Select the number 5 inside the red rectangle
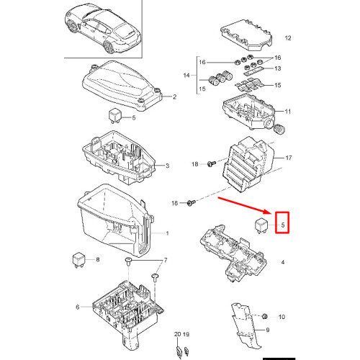(283, 225)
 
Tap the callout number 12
(288, 37)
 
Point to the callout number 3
(168, 166)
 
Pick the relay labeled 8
(78, 257)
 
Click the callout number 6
(78, 307)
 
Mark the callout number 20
(176, 335)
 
